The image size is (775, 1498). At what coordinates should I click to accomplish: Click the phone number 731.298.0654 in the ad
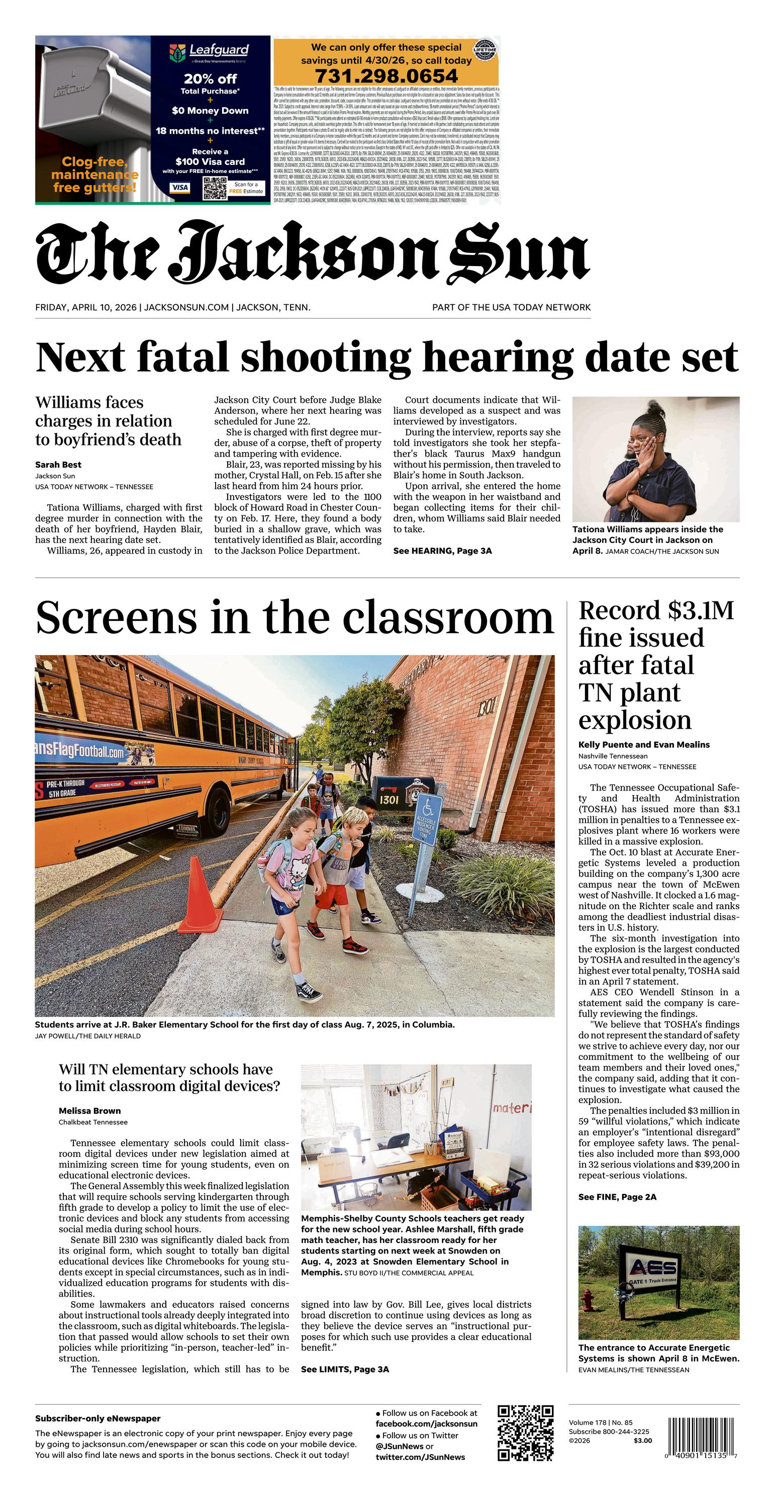[386, 75]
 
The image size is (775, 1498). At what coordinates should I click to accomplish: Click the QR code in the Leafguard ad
[214, 188]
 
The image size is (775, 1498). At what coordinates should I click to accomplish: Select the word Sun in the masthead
[519, 253]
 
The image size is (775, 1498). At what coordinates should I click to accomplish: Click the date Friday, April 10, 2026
[85, 307]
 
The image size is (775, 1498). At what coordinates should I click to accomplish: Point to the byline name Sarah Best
[58, 465]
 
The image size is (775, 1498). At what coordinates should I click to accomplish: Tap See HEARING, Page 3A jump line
[442, 551]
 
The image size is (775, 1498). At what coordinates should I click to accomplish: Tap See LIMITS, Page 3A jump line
[345, 1369]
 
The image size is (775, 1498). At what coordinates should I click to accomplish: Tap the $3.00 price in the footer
[642, 1441]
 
